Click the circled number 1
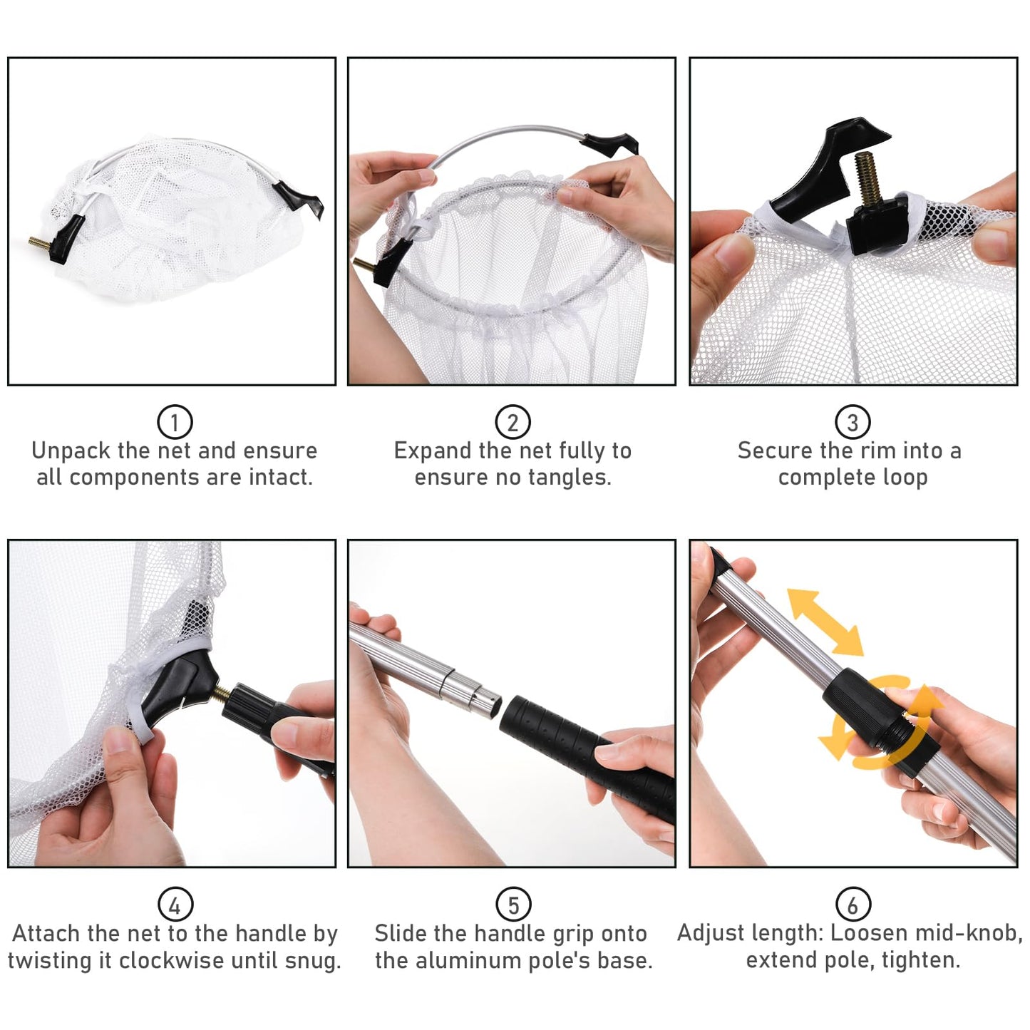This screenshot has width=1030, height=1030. point(175,422)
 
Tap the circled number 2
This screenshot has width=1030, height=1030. point(513,422)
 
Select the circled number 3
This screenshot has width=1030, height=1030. point(853,422)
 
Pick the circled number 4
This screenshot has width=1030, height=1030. point(175,905)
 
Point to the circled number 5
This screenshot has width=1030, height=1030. point(513,905)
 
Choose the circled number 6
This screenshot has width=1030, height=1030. point(853,905)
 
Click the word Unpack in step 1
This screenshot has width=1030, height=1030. point(71,451)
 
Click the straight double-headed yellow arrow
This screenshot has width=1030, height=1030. point(825,622)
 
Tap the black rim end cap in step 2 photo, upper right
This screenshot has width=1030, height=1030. point(610,143)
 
